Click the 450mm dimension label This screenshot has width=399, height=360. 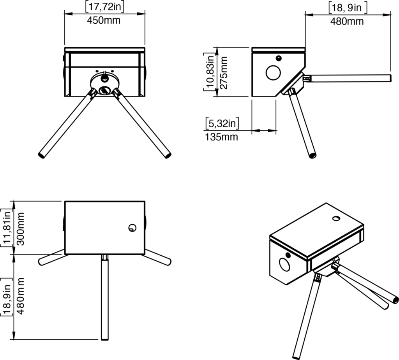(104, 21)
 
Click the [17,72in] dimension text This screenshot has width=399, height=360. (104, 7)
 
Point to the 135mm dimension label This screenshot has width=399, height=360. (221, 137)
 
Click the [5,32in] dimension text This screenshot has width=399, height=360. (222, 124)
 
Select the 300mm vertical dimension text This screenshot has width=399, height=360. (21, 228)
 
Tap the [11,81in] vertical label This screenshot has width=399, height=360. (7, 228)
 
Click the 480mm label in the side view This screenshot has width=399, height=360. (347, 21)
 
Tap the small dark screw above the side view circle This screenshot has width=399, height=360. (278, 58)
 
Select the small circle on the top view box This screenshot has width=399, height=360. (132, 228)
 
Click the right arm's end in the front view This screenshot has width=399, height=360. (168, 156)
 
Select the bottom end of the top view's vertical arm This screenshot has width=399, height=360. (104, 338)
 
